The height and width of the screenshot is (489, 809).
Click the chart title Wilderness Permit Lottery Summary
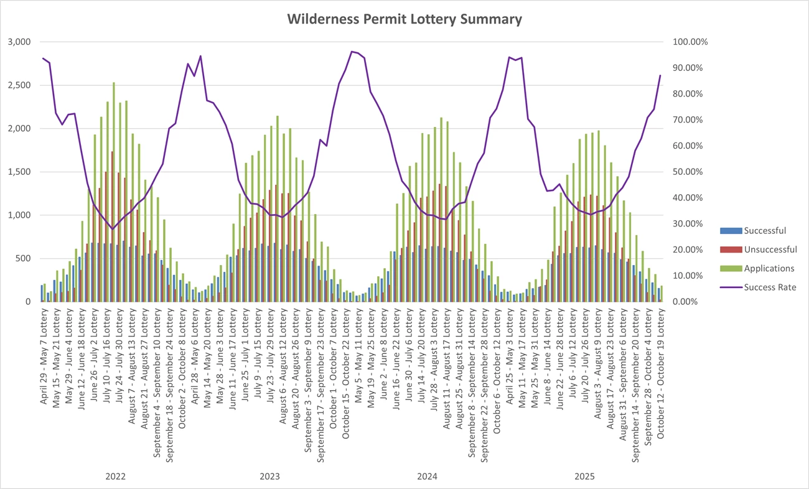click(x=404, y=19)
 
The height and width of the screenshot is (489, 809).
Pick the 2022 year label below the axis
click(x=116, y=477)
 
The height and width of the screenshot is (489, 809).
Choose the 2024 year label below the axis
click(x=427, y=477)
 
